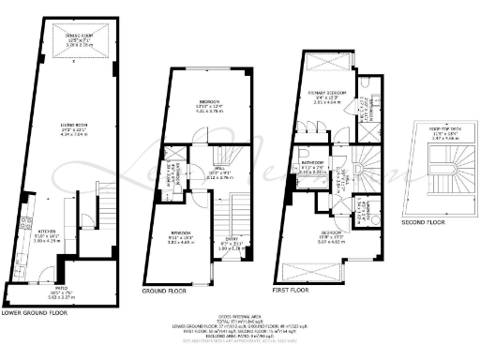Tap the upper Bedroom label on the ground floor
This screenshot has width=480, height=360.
(x=209, y=101)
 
